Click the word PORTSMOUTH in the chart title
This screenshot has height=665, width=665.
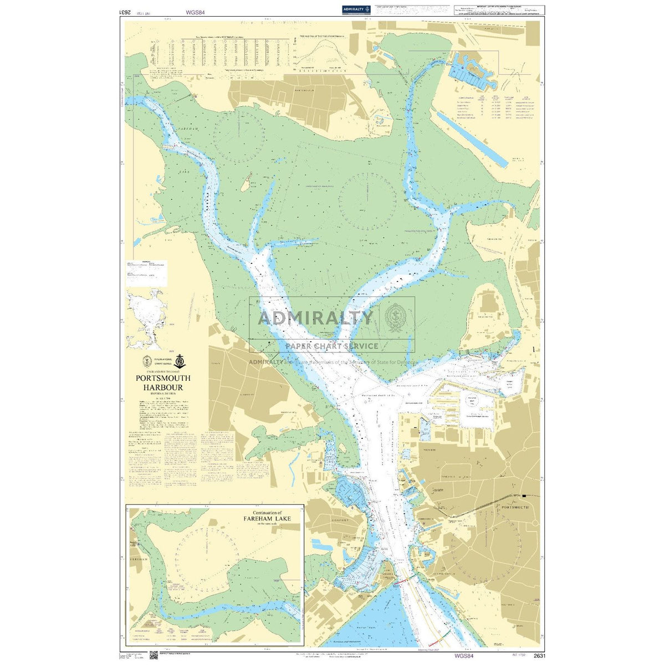[x=163, y=378]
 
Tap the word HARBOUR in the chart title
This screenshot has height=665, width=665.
[x=163, y=387]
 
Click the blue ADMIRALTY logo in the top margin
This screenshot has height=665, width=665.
[x=356, y=9]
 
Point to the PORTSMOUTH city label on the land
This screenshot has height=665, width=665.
[x=514, y=507]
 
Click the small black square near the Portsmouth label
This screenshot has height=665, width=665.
[x=524, y=495]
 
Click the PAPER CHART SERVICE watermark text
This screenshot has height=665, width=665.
[x=332, y=346]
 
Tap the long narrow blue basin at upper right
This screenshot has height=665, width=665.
[x=471, y=139]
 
